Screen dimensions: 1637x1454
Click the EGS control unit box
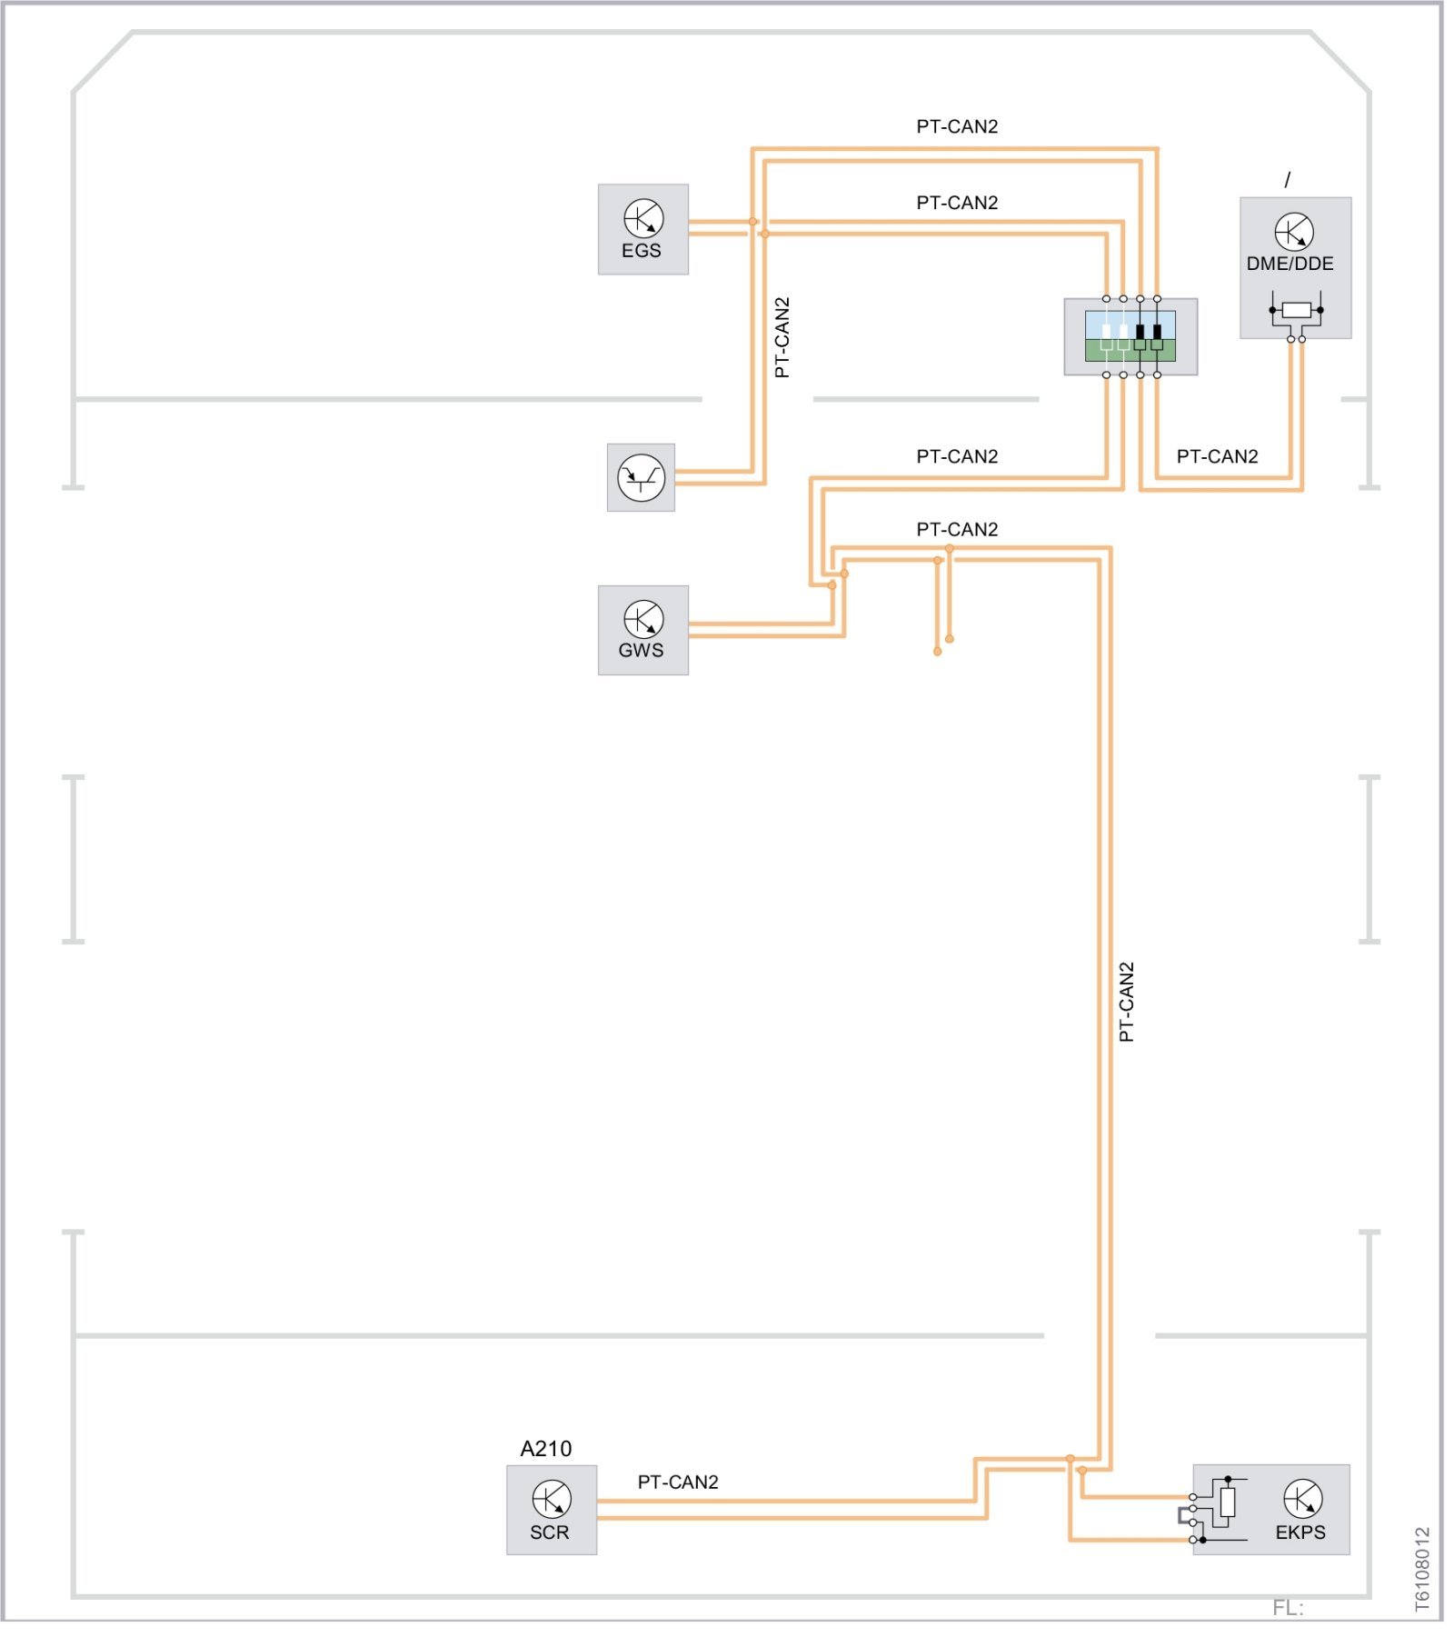coord(642,229)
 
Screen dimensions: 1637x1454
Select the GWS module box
coord(642,630)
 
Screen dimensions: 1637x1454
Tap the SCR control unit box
coord(551,1509)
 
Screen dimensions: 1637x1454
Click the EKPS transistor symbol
coord(1302,1499)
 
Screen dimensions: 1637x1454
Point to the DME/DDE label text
coord(1290,264)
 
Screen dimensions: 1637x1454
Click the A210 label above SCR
coord(545,1448)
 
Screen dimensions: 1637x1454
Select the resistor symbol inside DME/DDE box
coord(1296,311)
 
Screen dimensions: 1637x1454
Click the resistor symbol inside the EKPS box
coord(1228,1502)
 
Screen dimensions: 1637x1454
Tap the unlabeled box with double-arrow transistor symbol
coord(641,477)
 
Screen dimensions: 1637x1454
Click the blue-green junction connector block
coord(1130,336)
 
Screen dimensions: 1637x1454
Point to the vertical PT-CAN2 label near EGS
coord(782,337)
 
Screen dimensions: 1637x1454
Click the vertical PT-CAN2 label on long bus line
coord(1127,1002)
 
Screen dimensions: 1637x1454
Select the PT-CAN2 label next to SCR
coord(678,1482)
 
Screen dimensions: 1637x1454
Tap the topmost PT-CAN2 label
coord(957,126)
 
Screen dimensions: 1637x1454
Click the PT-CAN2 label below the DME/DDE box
coord(1217,456)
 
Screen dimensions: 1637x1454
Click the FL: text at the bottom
coord(1288,1608)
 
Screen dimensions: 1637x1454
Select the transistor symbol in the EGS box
coord(643,219)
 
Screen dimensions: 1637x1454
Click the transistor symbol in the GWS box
coord(643,619)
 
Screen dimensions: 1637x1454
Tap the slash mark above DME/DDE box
coord(1287,180)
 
